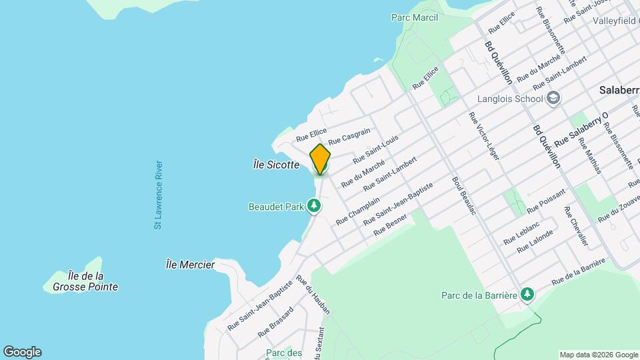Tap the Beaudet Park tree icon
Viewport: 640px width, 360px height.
click(x=313, y=207)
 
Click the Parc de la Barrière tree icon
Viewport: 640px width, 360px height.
click(x=527, y=294)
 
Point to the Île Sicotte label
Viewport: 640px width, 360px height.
click(x=276, y=165)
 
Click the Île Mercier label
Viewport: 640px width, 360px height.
click(x=190, y=265)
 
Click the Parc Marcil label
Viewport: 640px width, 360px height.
click(x=415, y=17)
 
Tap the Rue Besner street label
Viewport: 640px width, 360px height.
click(x=390, y=227)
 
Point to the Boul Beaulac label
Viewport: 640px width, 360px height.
click(x=466, y=195)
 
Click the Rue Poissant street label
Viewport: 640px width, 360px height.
click(x=546, y=201)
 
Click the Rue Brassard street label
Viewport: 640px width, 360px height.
click(x=275, y=321)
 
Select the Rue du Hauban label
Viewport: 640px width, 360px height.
click(x=313, y=295)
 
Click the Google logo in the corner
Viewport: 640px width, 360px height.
click(x=22, y=352)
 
